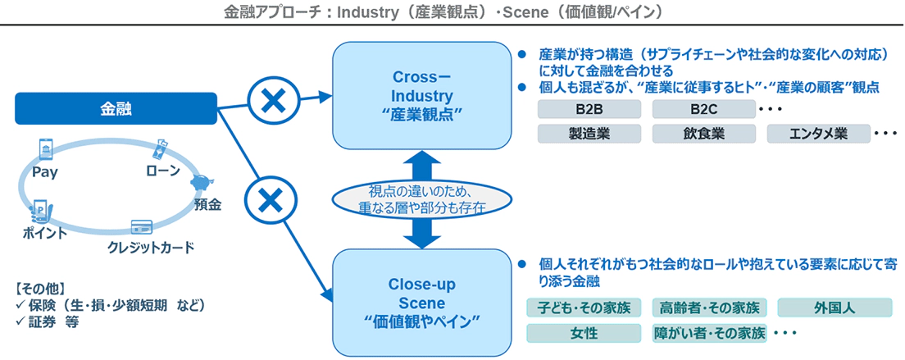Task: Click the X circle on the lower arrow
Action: (270, 199)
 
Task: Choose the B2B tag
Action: (589, 110)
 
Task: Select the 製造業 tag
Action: (589, 134)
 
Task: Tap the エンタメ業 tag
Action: (817, 134)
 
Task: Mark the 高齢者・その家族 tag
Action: (709, 308)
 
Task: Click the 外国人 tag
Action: (835, 308)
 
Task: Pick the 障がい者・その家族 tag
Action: (709, 334)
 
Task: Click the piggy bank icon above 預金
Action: (200, 182)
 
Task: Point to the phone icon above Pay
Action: (45, 150)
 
